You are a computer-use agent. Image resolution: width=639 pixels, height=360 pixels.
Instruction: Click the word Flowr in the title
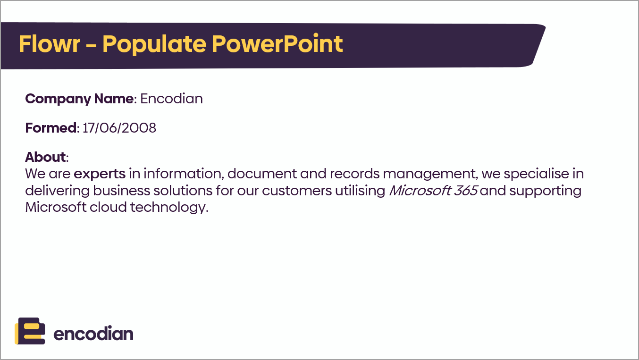[50, 44]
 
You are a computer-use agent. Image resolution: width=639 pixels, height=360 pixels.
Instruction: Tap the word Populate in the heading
[154, 45]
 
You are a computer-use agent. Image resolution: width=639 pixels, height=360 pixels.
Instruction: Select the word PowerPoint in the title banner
[277, 44]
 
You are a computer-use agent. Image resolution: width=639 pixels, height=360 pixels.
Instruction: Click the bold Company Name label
[79, 99]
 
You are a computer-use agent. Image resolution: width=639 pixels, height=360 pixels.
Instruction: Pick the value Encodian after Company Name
[171, 99]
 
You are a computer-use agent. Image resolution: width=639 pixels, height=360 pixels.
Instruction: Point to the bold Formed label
[51, 128]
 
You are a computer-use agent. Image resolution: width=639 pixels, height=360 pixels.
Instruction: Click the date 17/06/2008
[119, 128]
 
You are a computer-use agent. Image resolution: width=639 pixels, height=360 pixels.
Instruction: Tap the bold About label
[45, 157]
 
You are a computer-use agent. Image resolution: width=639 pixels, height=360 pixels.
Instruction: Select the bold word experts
[100, 174]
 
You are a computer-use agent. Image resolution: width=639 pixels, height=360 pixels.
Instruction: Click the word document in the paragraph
[262, 174]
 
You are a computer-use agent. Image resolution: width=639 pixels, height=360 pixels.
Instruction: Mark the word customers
[297, 191]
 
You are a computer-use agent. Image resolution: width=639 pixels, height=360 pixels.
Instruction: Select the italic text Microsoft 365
[433, 191]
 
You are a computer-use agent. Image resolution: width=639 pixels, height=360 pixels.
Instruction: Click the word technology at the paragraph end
[169, 208]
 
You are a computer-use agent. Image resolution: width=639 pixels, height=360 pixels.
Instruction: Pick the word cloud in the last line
[108, 207]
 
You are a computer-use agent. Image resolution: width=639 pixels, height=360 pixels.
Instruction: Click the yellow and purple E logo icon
[30, 331]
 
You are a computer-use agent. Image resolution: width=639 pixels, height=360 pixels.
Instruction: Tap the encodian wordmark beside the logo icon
[93, 334]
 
